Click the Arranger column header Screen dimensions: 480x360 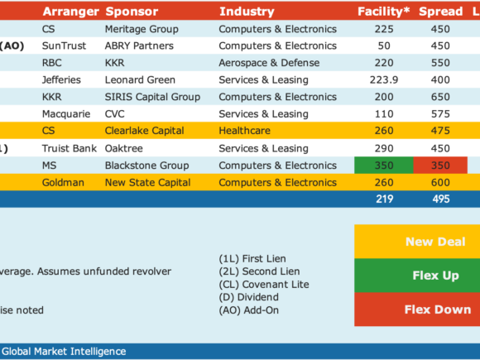[70, 12]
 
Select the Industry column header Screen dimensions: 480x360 [247, 12]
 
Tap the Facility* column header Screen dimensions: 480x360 [383, 12]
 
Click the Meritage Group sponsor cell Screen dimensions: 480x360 [142, 29]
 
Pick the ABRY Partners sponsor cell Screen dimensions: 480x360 [139, 46]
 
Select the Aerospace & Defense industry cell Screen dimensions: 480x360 [269, 63]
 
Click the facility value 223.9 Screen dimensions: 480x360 [384, 80]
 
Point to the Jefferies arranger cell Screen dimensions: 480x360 [61, 80]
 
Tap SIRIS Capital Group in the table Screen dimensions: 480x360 [152, 97]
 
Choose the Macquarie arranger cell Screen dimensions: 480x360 [66, 114]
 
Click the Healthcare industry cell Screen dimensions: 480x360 [245, 131]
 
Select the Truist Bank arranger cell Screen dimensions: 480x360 [70, 148]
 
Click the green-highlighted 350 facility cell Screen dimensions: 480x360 [384, 166]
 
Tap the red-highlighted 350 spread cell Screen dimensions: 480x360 [440, 166]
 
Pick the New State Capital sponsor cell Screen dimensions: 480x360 [147, 183]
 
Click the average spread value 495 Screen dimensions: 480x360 [441, 199]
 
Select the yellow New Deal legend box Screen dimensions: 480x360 [417, 242]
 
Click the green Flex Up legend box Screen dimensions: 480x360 [417, 276]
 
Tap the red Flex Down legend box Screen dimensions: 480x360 [417, 310]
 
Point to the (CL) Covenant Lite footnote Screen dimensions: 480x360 [264, 285]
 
